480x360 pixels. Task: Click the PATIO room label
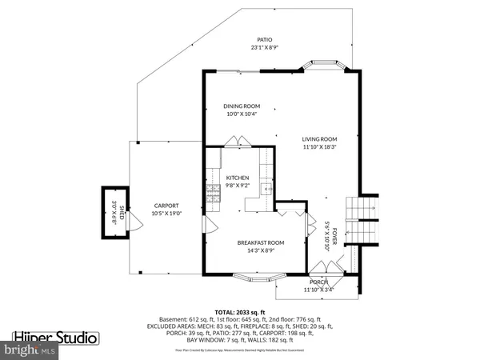[264, 39]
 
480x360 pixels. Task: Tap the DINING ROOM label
[241, 106]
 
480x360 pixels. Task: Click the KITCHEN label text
[238, 178]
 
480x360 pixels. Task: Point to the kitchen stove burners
[214, 191]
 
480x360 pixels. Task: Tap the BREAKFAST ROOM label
[261, 242]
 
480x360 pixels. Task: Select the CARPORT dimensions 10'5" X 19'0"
[166, 214]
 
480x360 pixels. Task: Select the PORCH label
[318, 282]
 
